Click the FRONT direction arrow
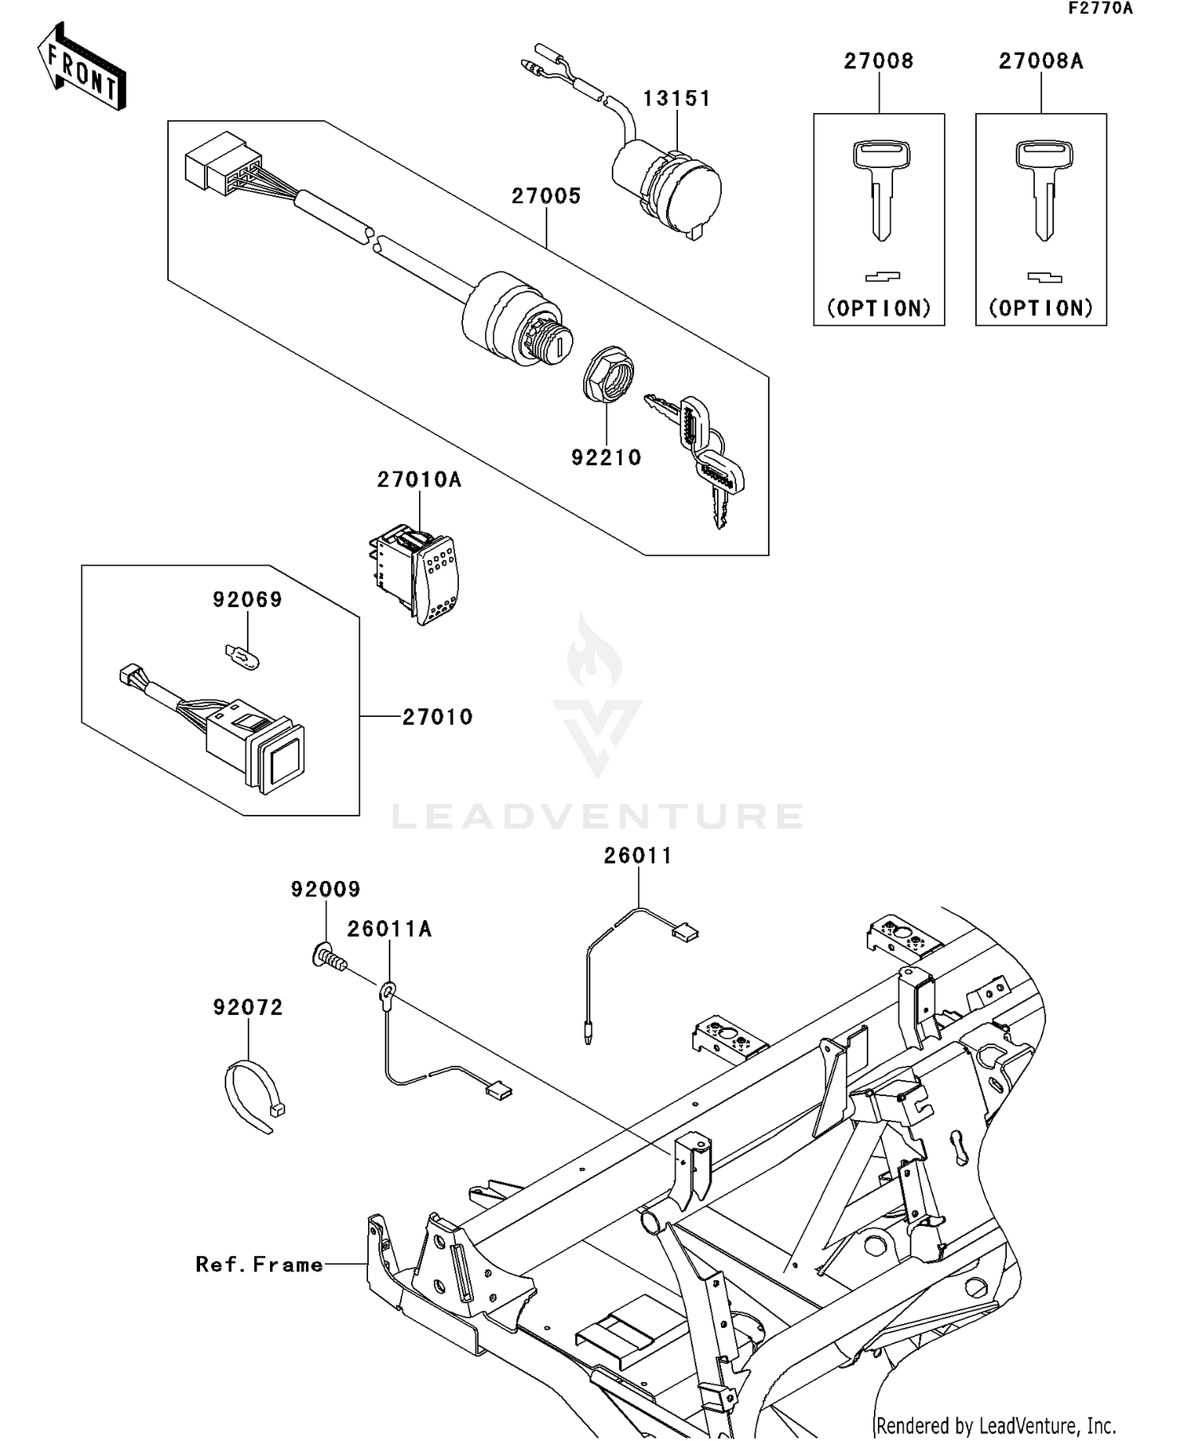(82, 68)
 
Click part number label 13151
(676, 99)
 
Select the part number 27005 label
(547, 196)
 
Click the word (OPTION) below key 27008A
(1041, 308)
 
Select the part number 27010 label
(437, 717)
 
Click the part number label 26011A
(389, 929)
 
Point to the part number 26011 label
(638, 856)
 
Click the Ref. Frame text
(260, 1264)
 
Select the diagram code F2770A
(1100, 9)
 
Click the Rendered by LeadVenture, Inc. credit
(996, 1425)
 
